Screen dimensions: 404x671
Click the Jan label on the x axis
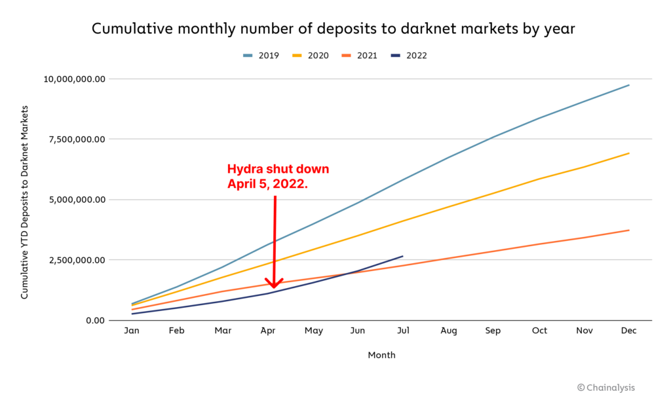tap(132, 331)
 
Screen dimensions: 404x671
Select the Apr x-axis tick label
tap(267, 331)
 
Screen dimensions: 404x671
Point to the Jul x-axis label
tap(403, 331)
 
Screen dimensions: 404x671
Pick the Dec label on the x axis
tap(628, 331)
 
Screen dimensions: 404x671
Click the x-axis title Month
tap(381, 356)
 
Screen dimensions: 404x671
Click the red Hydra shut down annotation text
tap(278, 177)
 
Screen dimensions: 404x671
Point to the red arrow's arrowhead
tap(273, 285)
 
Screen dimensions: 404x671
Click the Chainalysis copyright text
tap(605, 388)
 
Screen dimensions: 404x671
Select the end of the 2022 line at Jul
tap(403, 256)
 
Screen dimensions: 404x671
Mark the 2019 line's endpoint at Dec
tap(629, 85)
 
